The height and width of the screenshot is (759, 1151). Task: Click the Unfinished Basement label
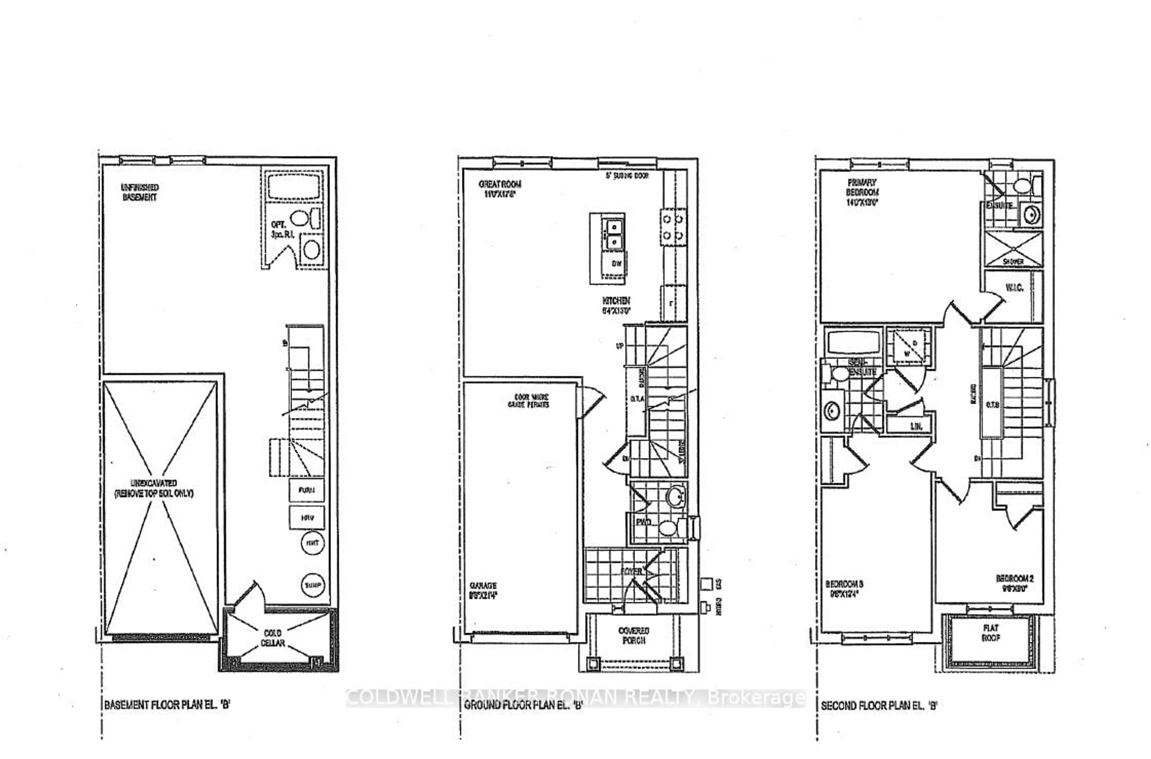coord(139,192)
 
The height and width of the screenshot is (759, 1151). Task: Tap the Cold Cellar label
coord(273,638)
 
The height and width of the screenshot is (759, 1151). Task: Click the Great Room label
coord(500,189)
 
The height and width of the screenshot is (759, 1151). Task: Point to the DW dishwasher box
coord(616,264)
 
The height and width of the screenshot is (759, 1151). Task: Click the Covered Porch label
coord(634,635)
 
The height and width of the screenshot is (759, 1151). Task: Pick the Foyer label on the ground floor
coord(631,571)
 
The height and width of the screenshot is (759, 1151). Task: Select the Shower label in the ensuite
coord(1013,261)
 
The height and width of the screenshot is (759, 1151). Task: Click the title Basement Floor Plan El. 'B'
coord(167,704)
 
